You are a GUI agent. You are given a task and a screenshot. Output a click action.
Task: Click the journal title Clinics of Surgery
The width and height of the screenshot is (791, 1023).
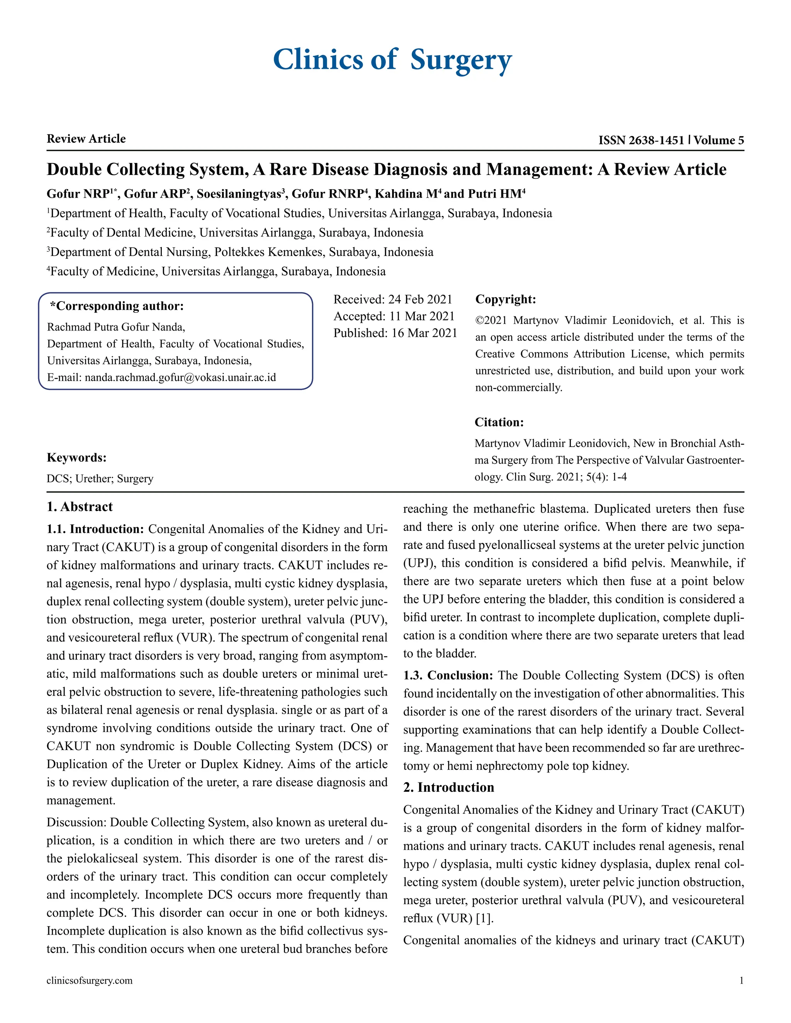coord(392,60)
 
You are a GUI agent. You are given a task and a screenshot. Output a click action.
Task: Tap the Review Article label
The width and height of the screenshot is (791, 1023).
coord(86,139)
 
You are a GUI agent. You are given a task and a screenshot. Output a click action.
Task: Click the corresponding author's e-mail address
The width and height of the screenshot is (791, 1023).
coord(180,377)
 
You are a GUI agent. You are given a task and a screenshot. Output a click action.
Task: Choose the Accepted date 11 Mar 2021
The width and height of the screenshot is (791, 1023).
coord(422,316)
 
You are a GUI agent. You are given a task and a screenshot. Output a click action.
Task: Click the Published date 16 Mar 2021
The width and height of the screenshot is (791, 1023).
coord(424,333)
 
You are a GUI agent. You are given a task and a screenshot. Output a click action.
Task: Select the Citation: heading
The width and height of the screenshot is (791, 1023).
coord(499,422)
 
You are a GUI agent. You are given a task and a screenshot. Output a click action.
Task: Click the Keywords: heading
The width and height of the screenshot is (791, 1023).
coord(76,457)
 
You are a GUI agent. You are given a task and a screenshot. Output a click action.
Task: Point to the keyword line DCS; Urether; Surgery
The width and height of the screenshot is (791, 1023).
coord(100,479)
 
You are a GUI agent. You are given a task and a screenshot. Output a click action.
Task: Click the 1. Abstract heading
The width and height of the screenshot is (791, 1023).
coord(80,507)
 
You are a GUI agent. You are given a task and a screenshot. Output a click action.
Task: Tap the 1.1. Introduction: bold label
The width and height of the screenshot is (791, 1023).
coord(95,529)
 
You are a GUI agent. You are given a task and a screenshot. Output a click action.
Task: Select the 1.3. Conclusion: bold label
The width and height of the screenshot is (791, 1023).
coord(448,676)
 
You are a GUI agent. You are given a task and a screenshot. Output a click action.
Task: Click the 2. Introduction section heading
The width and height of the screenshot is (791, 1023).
coord(448,788)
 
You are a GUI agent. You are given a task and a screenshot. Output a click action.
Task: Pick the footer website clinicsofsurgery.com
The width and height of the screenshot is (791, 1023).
coord(90,981)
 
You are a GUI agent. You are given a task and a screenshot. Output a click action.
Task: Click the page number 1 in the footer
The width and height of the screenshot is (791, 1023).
coord(741,981)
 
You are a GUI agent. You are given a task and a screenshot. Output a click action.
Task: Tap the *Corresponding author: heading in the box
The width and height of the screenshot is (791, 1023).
coord(117,307)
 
